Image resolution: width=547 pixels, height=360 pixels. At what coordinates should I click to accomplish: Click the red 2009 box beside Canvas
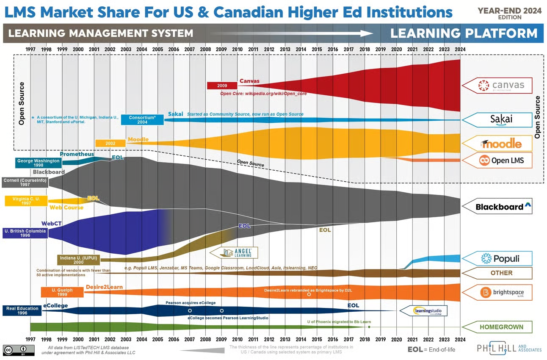pos(222,86)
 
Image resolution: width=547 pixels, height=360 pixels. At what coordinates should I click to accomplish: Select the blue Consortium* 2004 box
pos(142,119)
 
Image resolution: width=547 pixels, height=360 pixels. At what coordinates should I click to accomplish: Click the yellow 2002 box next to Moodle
pos(111,143)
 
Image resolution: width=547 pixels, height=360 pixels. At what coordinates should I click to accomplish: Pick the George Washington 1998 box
pos(38,163)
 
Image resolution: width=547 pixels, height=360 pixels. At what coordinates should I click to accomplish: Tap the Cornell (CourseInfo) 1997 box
pos(25,182)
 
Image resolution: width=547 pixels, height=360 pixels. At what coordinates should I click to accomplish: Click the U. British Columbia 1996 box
pos(25,233)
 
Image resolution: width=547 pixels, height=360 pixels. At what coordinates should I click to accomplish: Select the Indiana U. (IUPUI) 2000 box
pos(77,260)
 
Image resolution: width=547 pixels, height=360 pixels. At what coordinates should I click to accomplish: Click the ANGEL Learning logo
pos(234,253)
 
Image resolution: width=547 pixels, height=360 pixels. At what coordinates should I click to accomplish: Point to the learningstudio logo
pos(423,311)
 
